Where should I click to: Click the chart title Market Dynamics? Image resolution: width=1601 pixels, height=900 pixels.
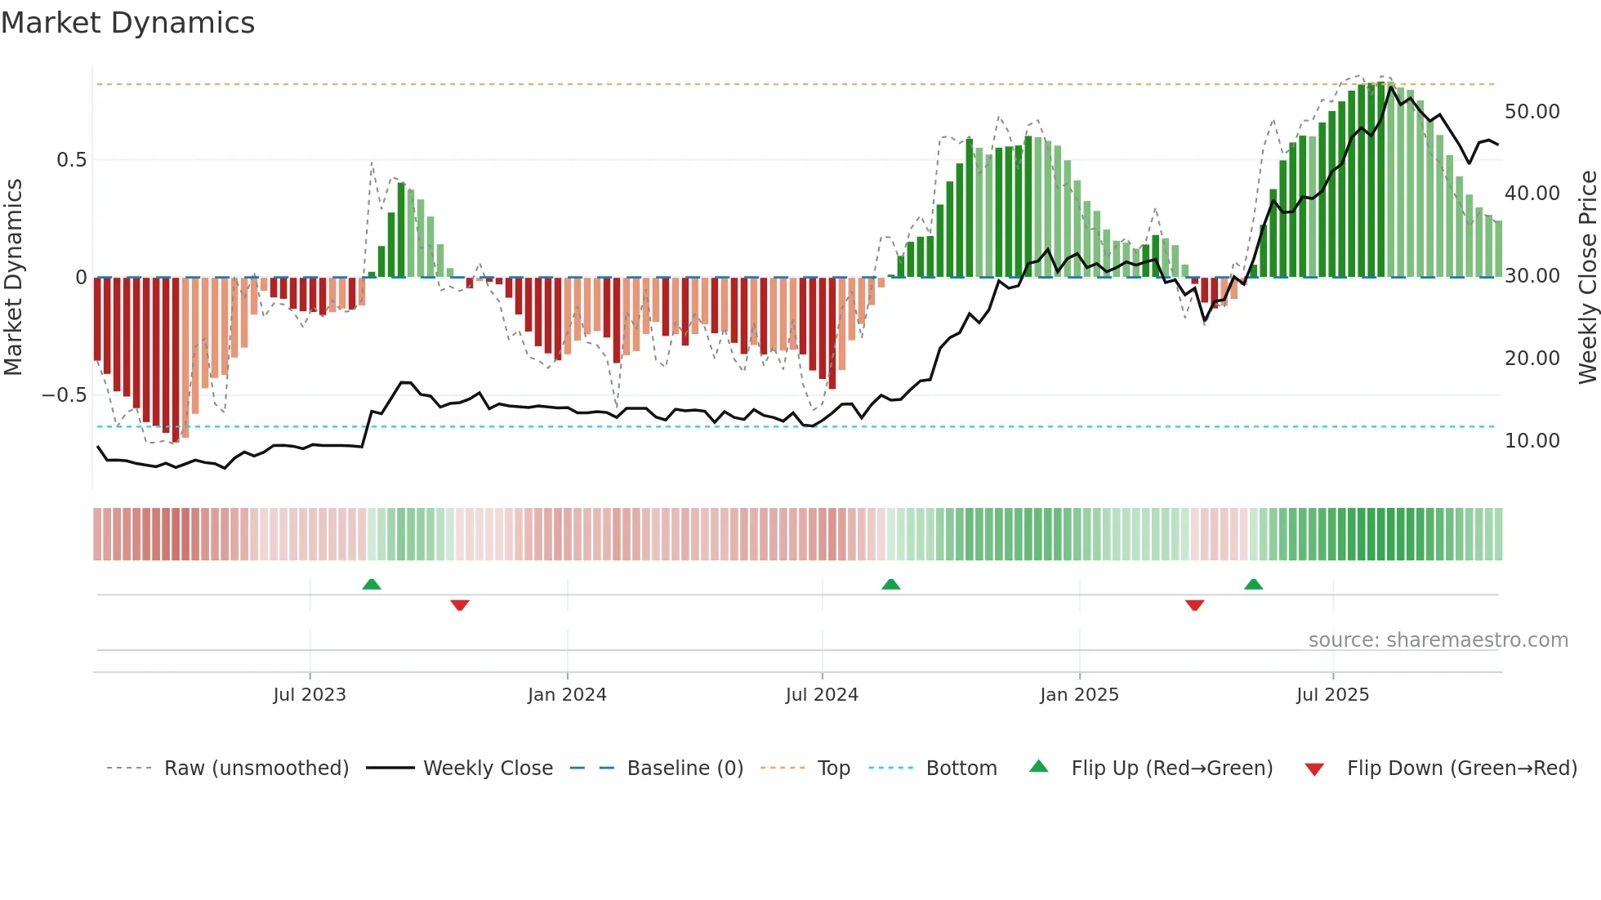tap(128, 23)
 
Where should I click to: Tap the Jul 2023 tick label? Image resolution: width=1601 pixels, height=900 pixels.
tap(310, 695)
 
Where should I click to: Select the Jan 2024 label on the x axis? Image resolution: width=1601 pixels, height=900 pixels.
tap(567, 695)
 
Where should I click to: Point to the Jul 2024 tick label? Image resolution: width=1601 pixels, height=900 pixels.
tap(822, 695)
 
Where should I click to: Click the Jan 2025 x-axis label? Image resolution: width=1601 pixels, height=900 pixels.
tap(1079, 695)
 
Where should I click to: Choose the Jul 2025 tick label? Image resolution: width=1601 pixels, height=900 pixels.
tap(1332, 695)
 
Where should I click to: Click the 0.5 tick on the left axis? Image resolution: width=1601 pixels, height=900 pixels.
tap(72, 160)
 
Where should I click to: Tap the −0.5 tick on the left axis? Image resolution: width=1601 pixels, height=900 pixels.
tap(65, 395)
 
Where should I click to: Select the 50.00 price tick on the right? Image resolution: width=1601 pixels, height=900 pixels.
tap(1532, 112)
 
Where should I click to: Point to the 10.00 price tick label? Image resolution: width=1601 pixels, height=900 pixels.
tap(1532, 441)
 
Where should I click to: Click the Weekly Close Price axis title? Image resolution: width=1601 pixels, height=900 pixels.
tap(1587, 277)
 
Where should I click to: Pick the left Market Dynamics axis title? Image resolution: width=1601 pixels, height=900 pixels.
tap(13, 277)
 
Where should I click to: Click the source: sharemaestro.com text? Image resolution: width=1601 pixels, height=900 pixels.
tap(1438, 640)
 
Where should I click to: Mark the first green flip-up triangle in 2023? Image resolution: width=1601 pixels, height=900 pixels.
tap(372, 584)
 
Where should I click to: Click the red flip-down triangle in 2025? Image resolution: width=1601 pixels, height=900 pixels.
tap(1194, 605)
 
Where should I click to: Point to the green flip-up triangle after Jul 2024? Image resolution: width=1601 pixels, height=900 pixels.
tap(891, 584)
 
